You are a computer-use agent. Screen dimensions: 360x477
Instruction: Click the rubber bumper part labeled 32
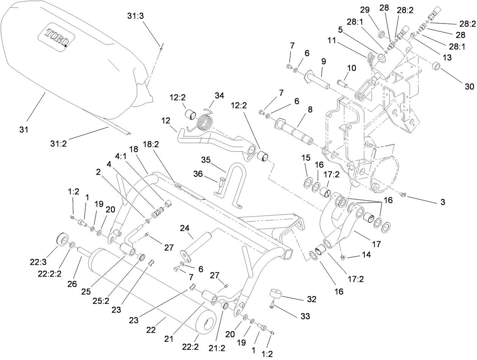click(x=275, y=294)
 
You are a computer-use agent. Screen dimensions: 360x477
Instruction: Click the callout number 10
click(x=351, y=68)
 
